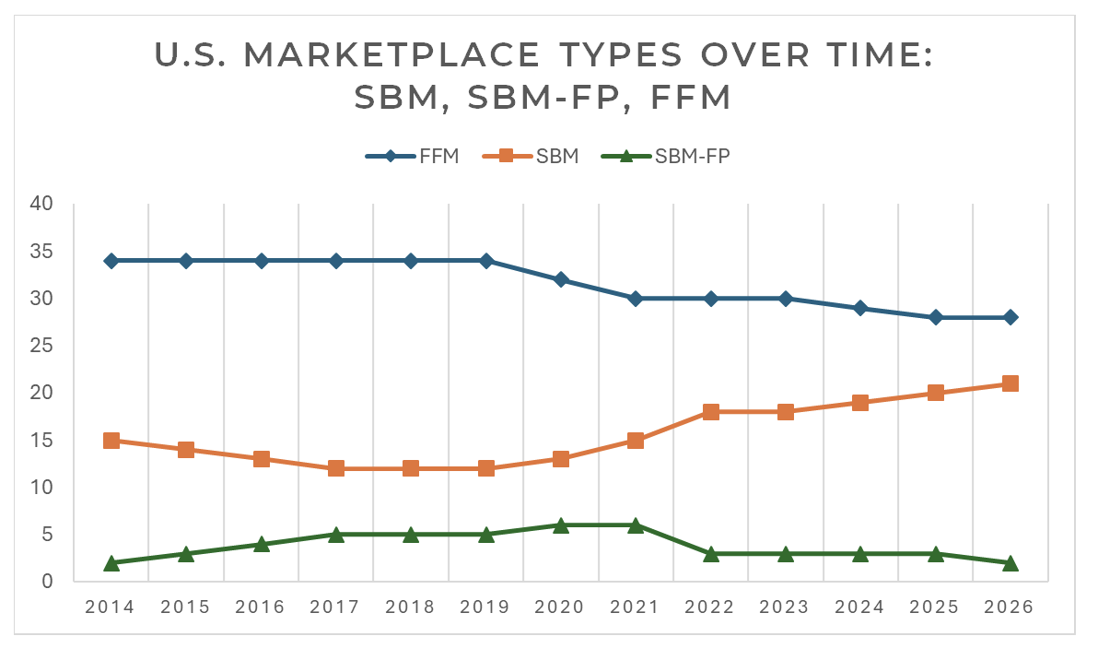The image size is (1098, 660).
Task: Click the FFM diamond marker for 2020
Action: click(561, 279)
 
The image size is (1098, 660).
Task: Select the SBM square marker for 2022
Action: click(711, 412)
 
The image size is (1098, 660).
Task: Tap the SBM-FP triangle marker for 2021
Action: click(636, 524)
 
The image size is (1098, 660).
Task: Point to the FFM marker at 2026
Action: click(1010, 317)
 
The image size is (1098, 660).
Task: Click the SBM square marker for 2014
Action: click(111, 441)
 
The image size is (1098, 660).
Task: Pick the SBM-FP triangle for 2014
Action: click(111, 562)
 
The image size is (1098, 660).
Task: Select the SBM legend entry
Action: click(531, 156)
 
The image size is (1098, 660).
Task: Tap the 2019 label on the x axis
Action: click(485, 607)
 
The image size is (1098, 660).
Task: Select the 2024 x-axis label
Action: click(860, 607)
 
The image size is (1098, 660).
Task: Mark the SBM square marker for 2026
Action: click(1010, 383)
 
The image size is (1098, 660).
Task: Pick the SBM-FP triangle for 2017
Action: click(336, 534)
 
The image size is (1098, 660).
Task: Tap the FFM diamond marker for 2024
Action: click(860, 308)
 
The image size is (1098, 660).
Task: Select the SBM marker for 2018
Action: click(411, 468)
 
